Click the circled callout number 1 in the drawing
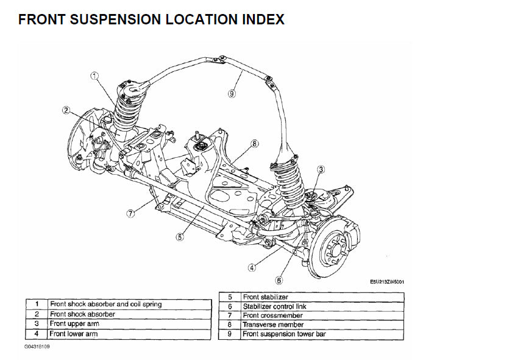(x=94, y=76)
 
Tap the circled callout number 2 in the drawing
(x=66, y=110)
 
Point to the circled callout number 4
(x=252, y=267)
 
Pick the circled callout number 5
(x=180, y=237)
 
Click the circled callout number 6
(x=279, y=281)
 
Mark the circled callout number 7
(x=130, y=213)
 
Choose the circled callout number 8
(x=255, y=144)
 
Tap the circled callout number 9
(x=232, y=93)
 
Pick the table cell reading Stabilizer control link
(x=274, y=306)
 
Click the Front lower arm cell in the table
(x=74, y=334)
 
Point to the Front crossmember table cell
(x=272, y=316)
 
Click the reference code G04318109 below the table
(x=38, y=347)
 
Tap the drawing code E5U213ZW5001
(x=387, y=282)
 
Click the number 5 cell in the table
(x=230, y=297)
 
